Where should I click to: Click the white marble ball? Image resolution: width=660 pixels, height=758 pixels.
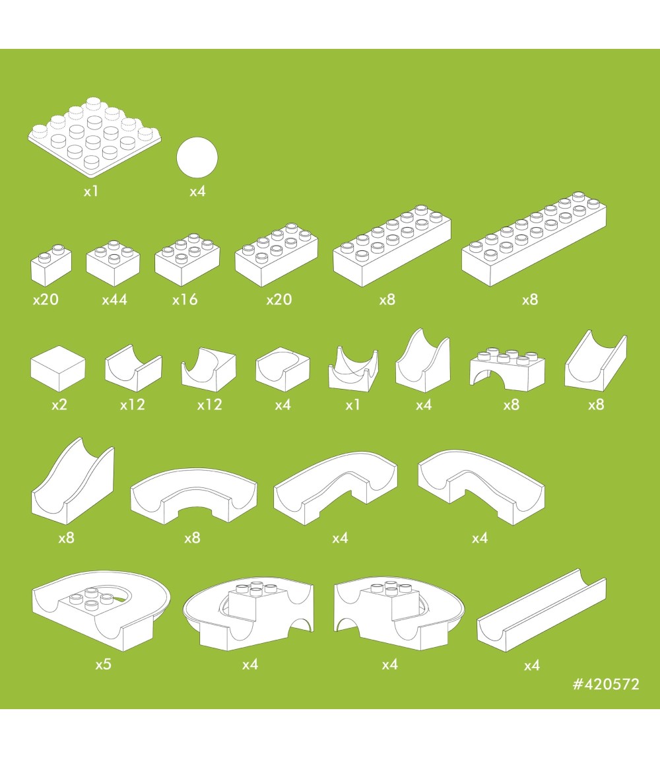pos(197,158)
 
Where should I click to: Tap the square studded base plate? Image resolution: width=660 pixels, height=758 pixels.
pos(94,137)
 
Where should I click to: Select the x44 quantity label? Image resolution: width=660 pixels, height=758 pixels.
pos(114,300)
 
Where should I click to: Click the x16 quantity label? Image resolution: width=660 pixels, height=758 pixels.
pos(185,300)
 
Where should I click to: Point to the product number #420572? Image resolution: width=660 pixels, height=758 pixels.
pos(606,684)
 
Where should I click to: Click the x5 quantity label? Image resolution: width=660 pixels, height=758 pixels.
pos(104,664)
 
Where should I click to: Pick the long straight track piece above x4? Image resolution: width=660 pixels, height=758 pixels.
pos(542,610)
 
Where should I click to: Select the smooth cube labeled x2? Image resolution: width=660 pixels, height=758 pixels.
pos(58,368)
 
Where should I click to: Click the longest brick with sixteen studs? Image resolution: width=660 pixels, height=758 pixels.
pos(534,239)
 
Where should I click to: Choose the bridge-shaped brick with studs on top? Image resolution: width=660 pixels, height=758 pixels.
pos(508,368)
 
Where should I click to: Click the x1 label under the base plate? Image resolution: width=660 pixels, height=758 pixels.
pos(91,191)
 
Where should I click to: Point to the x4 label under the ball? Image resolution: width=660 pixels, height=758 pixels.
pos(197,191)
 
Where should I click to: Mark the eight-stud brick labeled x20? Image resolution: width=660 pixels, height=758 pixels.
pos(277,255)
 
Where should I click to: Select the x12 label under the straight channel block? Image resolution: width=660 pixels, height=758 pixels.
pos(133,405)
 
